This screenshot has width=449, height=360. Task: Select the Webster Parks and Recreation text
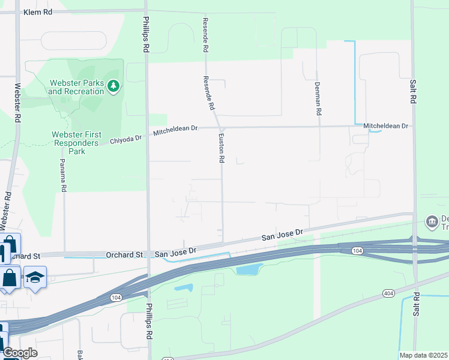point(76,87)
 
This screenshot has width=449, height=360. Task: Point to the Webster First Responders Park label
point(77,143)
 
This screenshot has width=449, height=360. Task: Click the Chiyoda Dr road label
point(126,139)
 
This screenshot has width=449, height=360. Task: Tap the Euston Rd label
point(221,149)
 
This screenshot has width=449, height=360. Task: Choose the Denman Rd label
point(318,99)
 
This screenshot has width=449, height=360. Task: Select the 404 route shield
point(389,293)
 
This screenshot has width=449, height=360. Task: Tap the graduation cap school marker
point(35,277)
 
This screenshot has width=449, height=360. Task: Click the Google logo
point(20,352)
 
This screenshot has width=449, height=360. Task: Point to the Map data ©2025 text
point(423,355)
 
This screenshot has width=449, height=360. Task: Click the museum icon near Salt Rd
point(432,222)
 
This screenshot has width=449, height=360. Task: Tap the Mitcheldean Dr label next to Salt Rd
point(385,126)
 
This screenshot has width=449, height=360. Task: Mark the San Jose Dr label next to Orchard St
point(176,253)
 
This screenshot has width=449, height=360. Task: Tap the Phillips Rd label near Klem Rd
point(146,35)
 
